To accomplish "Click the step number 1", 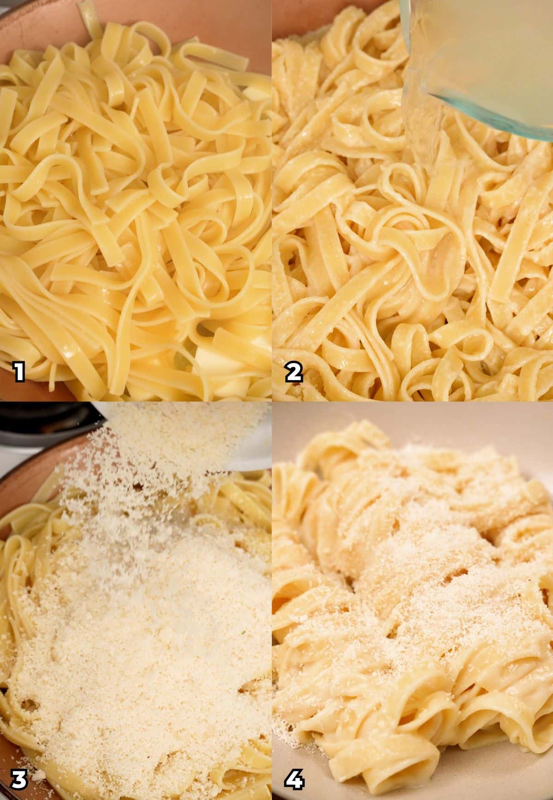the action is pyautogui.click(x=19, y=372).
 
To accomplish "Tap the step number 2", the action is pyautogui.click(x=294, y=372).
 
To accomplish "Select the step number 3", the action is pyautogui.click(x=19, y=779).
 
